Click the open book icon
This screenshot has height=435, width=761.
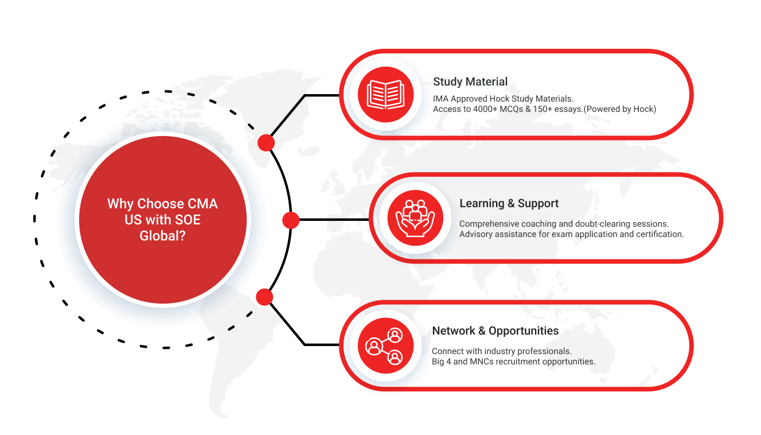point(385,94)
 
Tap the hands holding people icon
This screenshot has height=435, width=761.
point(415,218)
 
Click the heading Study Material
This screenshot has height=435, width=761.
point(470,81)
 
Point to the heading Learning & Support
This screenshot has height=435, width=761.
point(509,204)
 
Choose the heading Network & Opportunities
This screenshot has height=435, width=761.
point(495,331)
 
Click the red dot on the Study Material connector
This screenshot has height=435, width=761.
point(266,142)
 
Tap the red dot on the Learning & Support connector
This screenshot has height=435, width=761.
point(291,220)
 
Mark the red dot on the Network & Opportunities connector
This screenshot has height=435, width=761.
point(264,297)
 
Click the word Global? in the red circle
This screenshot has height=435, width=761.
point(162,235)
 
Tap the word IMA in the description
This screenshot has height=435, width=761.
point(441,99)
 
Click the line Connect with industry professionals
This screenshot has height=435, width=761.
point(501,351)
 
